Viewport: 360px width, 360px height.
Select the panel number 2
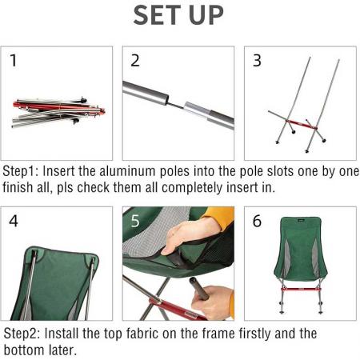tap(135, 60)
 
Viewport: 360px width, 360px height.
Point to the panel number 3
tap(257, 60)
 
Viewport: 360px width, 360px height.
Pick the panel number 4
tap(14, 221)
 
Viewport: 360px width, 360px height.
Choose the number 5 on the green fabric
tap(136, 221)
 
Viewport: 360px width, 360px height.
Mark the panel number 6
tap(257, 221)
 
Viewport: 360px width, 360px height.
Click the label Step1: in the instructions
tap(23, 172)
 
